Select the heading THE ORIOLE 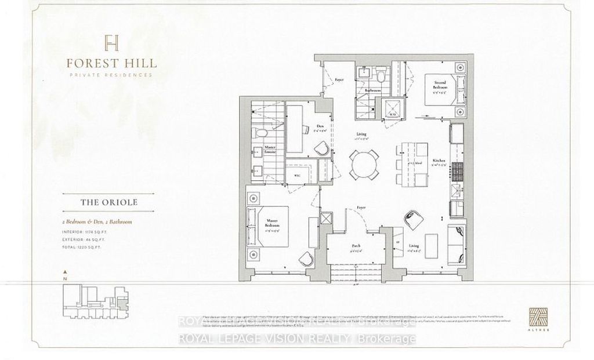click(110, 203)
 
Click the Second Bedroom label click(439, 87)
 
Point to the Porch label click(356, 246)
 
